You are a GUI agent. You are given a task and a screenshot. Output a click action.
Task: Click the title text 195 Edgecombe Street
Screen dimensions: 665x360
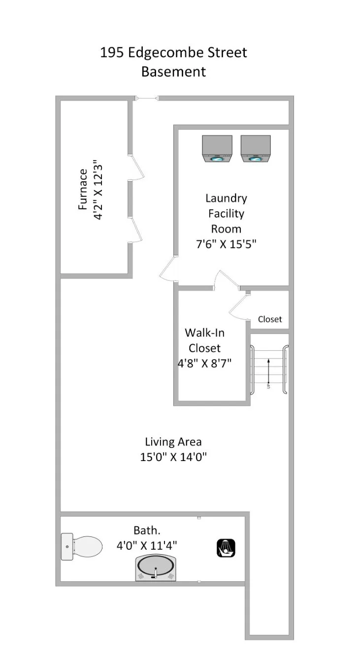pyautogui.click(x=173, y=52)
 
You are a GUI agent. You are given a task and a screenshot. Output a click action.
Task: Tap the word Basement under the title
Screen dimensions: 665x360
pyautogui.click(x=173, y=71)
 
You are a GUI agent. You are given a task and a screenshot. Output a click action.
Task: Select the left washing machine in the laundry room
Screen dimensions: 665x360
pyautogui.click(x=217, y=149)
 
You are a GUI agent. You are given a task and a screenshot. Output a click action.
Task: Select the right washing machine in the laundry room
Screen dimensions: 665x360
pyautogui.click(x=256, y=149)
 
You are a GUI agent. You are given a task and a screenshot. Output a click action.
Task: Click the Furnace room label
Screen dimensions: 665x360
pyautogui.click(x=83, y=190)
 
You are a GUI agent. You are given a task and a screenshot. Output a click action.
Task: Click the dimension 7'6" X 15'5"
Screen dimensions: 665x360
pyautogui.click(x=226, y=244)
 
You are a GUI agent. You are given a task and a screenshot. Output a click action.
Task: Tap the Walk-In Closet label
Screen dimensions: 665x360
pyautogui.click(x=204, y=340)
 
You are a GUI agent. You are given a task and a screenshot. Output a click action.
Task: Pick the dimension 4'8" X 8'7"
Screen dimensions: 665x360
pyautogui.click(x=204, y=364)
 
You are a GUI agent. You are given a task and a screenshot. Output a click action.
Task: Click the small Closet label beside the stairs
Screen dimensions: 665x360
pyautogui.click(x=270, y=319)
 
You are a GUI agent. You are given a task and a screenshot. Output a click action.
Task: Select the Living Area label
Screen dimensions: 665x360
pyautogui.click(x=173, y=442)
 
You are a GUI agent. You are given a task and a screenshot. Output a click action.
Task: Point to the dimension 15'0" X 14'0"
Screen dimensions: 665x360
pyautogui.click(x=173, y=457)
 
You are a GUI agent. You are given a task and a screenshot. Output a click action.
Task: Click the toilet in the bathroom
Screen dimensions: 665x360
pyautogui.click(x=81, y=546)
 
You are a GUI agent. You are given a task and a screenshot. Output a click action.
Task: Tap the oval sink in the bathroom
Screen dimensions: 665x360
pyautogui.click(x=156, y=568)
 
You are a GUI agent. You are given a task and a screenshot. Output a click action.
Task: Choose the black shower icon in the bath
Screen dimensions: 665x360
pyautogui.click(x=226, y=548)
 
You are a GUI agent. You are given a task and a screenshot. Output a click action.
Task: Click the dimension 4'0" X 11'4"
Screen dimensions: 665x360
pyautogui.click(x=147, y=545)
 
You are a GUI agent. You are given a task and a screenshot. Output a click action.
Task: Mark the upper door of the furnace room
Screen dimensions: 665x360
pyautogui.click(x=137, y=167)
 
